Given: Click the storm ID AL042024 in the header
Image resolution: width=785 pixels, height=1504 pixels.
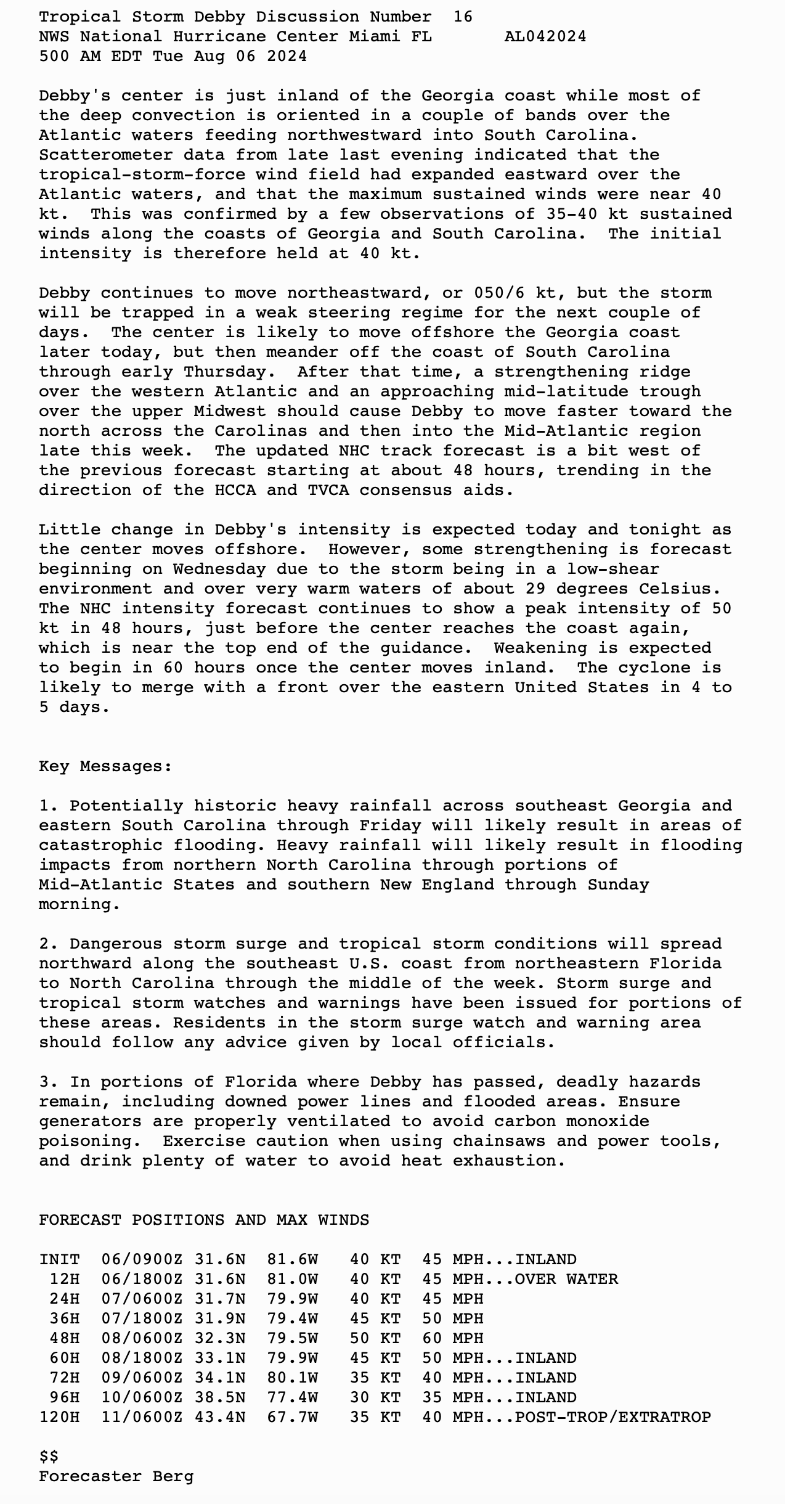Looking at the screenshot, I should [545, 36].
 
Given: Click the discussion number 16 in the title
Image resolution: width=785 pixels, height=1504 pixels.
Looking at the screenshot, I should [463, 17].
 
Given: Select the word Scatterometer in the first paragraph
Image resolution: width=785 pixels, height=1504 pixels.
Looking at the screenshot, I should [106, 155].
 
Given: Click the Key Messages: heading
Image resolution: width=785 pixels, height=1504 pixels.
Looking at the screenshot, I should [105, 766].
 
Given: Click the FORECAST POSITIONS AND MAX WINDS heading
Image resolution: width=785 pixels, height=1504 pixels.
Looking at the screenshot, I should [204, 1220].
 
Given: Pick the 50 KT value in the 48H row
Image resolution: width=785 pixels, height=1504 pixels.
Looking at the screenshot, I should [375, 1338].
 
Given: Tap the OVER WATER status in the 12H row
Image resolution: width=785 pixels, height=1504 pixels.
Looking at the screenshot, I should [566, 1279].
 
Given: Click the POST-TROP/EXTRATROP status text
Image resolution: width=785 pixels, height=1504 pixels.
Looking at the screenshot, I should [612, 1417].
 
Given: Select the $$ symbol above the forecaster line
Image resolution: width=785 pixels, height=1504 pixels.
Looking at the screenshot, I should [49, 1457].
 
